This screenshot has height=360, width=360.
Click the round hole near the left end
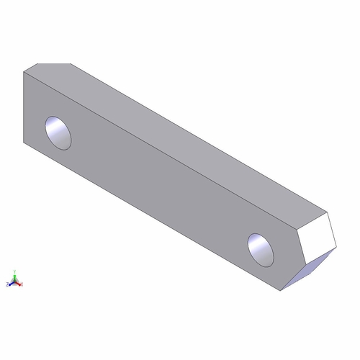(x=58, y=132)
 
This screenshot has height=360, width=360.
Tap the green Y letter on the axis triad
(x=14, y=272)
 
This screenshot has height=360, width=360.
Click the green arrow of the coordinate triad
(x=14, y=277)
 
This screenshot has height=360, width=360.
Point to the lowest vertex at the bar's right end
(x=281, y=292)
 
